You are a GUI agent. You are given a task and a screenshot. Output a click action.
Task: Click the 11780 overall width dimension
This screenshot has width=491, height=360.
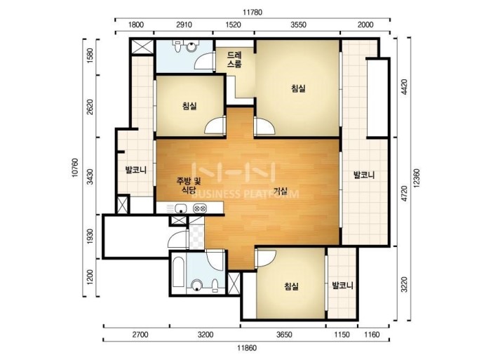coord(253,12)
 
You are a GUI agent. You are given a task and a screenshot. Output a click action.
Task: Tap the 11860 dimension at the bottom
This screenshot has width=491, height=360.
coord(247,348)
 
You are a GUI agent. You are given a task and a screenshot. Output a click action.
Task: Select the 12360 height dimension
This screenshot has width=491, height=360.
coord(417,178)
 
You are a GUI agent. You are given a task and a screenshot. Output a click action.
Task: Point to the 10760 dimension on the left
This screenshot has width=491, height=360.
coord(75,168)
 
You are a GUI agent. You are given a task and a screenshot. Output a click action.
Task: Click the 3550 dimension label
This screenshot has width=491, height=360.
coord(298,25)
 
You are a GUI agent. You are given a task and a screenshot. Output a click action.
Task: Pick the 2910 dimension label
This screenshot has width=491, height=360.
coord(184,25)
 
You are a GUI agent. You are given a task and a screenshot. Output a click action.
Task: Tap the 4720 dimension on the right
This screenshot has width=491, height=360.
coord(404,193)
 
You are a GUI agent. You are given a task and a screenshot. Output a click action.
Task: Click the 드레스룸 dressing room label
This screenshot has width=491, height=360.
coord(234,60)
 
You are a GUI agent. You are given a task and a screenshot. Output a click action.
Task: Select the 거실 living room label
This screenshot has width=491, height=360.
coord(281,191)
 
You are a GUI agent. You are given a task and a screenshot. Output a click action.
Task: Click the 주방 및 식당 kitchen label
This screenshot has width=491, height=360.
coord(189,185)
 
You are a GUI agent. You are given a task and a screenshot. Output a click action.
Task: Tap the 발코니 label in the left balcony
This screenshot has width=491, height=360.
coord(136,170)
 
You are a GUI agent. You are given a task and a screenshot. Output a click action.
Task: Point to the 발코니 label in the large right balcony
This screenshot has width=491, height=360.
coord(364,175)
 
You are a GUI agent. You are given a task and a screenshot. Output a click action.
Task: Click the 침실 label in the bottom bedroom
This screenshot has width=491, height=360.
coord(291,286)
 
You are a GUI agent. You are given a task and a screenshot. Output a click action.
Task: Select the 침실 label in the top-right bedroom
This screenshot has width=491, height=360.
coord(298,88)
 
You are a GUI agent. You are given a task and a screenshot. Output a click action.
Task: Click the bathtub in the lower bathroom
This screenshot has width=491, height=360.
coord(178,272)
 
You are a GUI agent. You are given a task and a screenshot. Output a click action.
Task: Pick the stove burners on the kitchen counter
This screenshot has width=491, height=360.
coord(200,208)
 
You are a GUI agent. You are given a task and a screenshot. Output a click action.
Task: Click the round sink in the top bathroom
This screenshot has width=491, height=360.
coord(191,47)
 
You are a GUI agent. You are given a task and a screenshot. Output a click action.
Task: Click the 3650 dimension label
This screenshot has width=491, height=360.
coord(284,335)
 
